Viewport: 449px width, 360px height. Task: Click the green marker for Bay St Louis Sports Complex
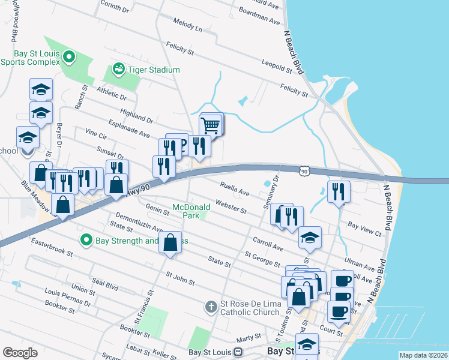click(x=69, y=58)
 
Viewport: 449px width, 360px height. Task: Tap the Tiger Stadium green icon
click(x=118, y=70)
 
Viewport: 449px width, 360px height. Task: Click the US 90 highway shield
click(x=304, y=172)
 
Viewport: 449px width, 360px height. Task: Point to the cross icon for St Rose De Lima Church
click(x=211, y=307)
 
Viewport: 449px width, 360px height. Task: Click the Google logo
click(x=20, y=353)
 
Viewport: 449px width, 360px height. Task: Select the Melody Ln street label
click(x=188, y=27)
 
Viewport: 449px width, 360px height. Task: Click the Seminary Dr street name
click(x=271, y=192)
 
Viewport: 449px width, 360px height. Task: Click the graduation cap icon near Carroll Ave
click(x=310, y=238)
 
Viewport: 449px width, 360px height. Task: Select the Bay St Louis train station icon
click(x=238, y=352)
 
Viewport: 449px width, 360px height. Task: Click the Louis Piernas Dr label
click(x=67, y=298)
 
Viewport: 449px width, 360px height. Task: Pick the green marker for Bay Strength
click(x=86, y=241)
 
